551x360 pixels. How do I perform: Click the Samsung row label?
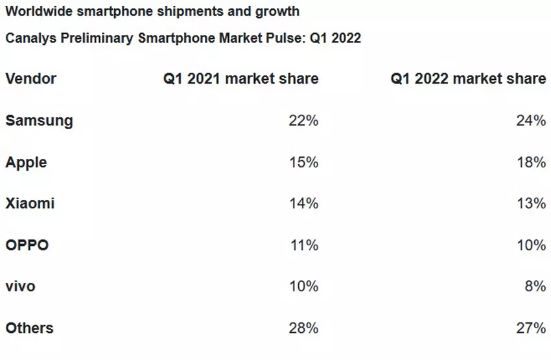39,121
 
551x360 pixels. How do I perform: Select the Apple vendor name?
26,162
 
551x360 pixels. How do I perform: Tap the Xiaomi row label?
30,204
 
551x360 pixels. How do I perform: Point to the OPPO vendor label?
27,245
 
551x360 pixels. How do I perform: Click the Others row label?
29,328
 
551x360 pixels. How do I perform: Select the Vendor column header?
30,79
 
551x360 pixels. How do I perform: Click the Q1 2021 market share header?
240,79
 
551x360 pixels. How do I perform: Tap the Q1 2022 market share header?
468,79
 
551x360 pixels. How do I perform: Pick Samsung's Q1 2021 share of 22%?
303,121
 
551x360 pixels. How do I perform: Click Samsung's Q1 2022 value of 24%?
531,121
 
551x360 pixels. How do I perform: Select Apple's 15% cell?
303,162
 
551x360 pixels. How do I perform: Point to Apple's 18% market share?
531,162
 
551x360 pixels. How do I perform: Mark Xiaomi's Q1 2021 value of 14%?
303,204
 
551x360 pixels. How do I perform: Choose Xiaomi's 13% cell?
531,204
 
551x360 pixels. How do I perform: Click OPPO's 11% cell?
303,245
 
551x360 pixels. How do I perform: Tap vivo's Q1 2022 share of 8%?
535,287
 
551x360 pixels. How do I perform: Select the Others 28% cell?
303,328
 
